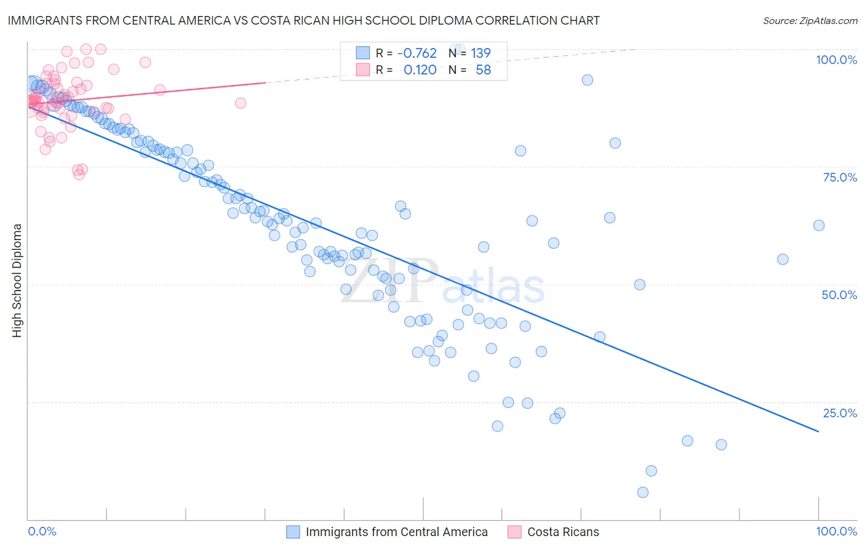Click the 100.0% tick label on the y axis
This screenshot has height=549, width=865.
click(836, 60)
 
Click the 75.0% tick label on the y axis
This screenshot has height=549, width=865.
click(840, 177)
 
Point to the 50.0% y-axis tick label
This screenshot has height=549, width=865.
click(839, 295)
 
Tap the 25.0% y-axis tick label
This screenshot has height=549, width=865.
click(840, 413)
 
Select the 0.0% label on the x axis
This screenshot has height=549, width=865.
click(42, 531)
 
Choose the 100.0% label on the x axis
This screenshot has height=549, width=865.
click(836, 531)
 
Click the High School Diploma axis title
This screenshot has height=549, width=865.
click(17, 280)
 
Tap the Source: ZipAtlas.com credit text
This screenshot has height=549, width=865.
click(810, 21)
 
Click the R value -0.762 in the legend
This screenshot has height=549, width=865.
click(417, 53)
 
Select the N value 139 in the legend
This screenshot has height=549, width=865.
click(480, 53)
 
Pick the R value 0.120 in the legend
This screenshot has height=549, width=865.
click(420, 70)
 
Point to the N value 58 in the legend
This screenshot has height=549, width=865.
click(483, 70)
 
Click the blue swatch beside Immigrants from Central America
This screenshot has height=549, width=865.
click(293, 532)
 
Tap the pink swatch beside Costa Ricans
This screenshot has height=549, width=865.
click(515, 532)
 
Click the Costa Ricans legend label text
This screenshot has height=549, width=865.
click(563, 532)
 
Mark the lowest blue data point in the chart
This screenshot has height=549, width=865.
click(643, 492)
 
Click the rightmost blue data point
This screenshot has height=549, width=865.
click(819, 225)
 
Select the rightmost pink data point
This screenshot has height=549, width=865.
click(241, 103)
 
